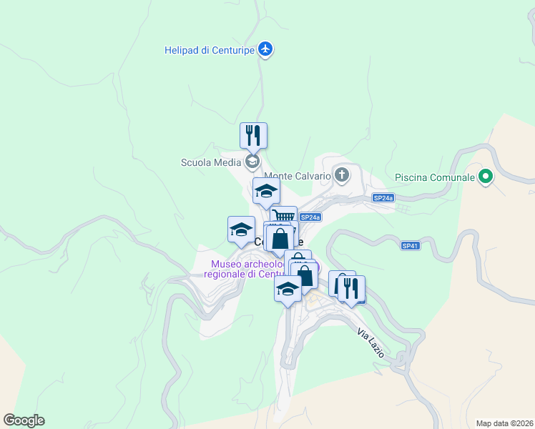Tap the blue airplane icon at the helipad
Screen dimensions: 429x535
click(x=266, y=49)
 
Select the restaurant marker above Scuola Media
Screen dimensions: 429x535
click(x=253, y=134)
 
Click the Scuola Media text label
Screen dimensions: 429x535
click(x=211, y=162)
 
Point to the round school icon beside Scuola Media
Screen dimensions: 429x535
click(x=251, y=162)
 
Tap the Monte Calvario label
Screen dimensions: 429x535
click(x=298, y=176)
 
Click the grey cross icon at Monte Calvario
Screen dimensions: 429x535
click(x=342, y=174)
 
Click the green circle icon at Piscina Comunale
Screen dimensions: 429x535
click(x=486, y=176)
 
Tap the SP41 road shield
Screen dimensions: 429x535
click(x=410, y=246)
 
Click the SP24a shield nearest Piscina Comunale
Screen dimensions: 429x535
click(x=383, y=197)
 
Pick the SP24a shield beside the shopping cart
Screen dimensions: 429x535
click(x=310, y=217)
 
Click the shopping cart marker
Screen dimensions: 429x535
click(x=284, y=217)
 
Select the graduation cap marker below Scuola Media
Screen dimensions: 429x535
click(x=266, y=191)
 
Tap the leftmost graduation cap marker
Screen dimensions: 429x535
click(x=241, y=229)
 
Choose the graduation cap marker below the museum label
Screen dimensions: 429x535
click(x=288, y=289)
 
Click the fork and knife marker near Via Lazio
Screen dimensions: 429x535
click(x=351, y=288)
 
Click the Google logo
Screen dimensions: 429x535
click(x=24, y=420)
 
